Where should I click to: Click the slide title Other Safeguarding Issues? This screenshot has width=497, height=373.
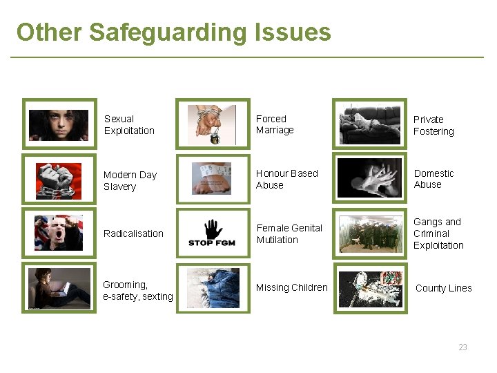click(x=173, y=32)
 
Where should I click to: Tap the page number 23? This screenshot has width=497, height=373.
click(x=462, y=347)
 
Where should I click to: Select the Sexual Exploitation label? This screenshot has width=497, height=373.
click(x=129, y=125)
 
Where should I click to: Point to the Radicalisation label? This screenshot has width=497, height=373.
click(x=133, y=233)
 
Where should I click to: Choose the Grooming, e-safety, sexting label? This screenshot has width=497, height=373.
click(x=137, y=290)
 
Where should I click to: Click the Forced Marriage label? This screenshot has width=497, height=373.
click(x=275, y=124)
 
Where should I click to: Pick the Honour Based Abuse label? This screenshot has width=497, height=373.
click(x=286, y=180)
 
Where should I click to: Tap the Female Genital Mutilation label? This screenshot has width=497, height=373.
click(x=289, y=233)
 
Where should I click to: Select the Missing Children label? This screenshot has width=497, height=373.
click(x=291, y=287)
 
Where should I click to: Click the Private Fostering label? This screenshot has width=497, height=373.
click(x=433, y=125)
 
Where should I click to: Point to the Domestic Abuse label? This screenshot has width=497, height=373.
click(x=433, y=179)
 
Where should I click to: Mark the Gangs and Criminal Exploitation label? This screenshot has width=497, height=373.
click(x=438, y=233)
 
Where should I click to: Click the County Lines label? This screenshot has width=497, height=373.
click(x=443, y=288)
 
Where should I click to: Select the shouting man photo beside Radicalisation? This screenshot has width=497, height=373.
click(x=59, y=233)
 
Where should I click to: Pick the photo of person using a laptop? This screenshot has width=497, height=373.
click(x=59, y=288)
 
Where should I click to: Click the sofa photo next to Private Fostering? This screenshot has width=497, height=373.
click(x=370, y=124)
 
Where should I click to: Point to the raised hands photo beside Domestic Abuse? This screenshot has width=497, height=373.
click(x=370, y=179)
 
